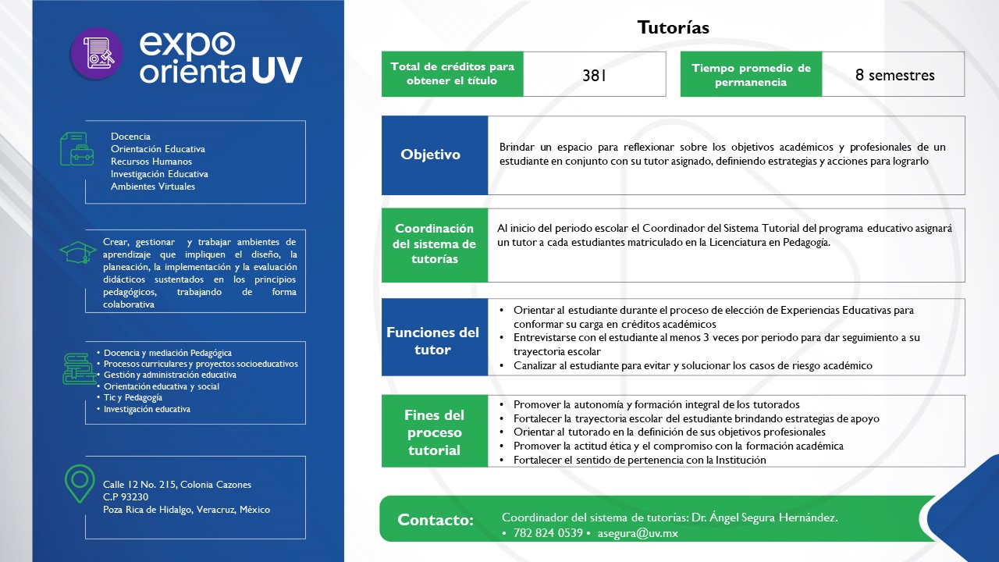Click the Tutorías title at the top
673,28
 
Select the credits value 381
594,76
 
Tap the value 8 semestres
894,75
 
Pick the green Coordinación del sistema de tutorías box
434,244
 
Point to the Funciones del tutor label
433,341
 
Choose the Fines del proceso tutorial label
434,432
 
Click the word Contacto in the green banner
435,520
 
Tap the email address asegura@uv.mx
638,534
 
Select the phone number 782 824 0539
548,534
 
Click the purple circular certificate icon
97,54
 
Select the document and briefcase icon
77,148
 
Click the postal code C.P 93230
126,497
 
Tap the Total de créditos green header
452,74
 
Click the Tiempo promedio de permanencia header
751,75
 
